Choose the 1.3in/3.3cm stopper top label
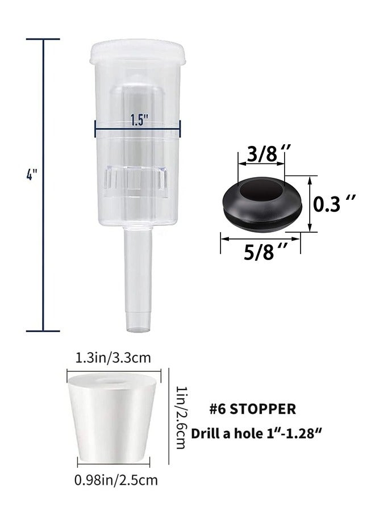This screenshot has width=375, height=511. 113,358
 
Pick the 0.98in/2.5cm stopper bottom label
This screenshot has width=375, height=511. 116,480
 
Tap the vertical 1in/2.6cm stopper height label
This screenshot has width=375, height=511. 181,417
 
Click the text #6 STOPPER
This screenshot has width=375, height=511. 253,409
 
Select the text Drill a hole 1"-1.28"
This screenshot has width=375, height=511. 257,433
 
